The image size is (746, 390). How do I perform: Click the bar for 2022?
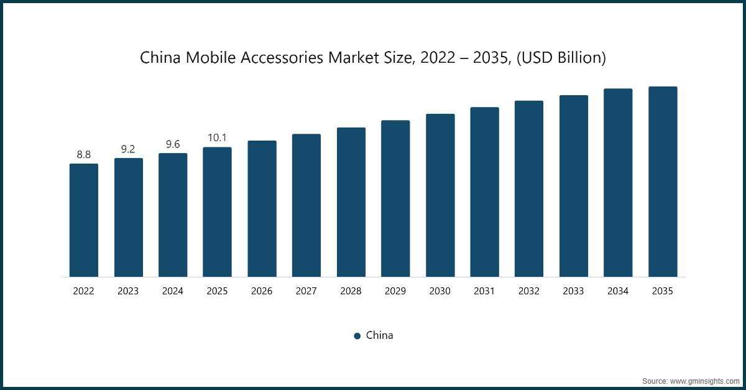coord(83,220)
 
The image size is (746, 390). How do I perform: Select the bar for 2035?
coord(663,182)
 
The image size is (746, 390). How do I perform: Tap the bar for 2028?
coord(351,202)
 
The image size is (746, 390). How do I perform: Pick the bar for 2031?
coord(484,192)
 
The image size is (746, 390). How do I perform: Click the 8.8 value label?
coord(83,154)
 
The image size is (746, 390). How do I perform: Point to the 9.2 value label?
coord(128,149)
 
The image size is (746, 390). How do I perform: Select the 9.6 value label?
coord(173,144)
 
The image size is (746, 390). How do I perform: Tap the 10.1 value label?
coord(217,137)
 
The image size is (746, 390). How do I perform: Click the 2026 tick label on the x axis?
coord(262,291)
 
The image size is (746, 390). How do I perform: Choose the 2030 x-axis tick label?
coord(440,291)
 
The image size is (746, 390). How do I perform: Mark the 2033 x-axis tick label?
coord(574,291)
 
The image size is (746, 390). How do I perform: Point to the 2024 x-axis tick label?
coord(173,291)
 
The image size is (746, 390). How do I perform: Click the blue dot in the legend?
coord(357,336)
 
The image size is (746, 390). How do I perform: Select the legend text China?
coord(379,335)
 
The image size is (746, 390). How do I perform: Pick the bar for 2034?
coord(618,183)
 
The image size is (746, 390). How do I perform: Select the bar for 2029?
coord(395,198)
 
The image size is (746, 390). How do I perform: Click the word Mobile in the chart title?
coord(208,58)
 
